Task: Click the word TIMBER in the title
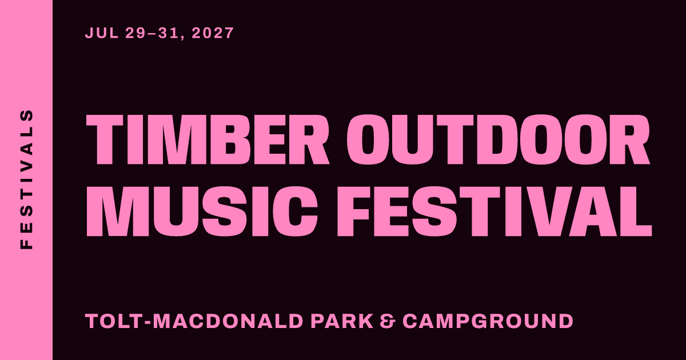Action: click(x=208, y=139)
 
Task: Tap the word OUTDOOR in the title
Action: click(x=498, y=139)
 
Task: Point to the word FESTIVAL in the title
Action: click(x=494, y=211)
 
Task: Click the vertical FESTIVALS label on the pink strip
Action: click(x=26, y=179)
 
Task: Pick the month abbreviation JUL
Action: click(x=102, y=33)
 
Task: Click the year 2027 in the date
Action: click(x=213, y=33)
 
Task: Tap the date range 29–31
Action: click(x=151, y=33)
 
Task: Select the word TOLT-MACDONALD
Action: click(x=194, y=321)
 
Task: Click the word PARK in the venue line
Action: click(x=342, y=321)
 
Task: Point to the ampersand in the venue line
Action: click(x=388, y=321)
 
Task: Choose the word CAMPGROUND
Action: click(x=488, y=321)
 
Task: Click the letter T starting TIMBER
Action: click(x=105, y=139)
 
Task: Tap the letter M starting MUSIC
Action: click(x=115, y=211)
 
